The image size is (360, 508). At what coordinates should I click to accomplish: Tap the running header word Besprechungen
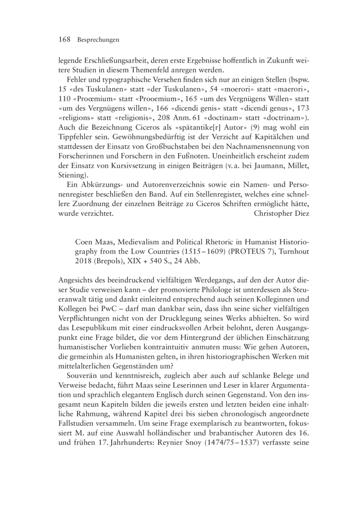coord(98,40)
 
